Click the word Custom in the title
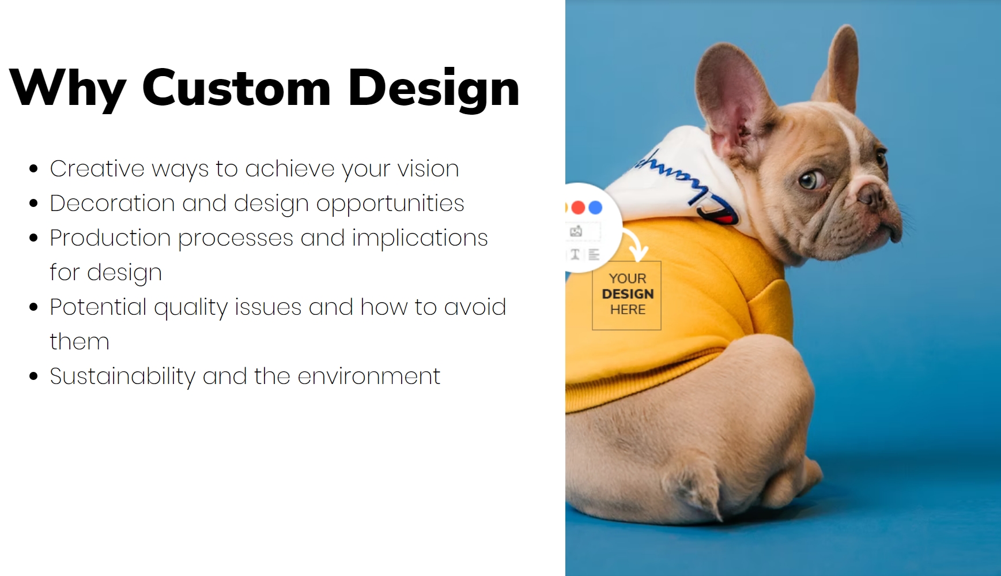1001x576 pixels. pos(236,88)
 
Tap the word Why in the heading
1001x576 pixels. pos(68,89)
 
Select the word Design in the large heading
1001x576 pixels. pos(434,89)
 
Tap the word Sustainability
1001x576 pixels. pos(123,377)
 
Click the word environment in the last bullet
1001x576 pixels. pos(369,377)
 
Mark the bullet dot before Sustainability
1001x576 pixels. pos(33,377)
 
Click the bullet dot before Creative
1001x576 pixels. pos(33,170)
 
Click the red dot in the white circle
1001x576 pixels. pos(579,208)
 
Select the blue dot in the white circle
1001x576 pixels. pos(595,208)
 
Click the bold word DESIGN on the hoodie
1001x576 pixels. pos(628,294)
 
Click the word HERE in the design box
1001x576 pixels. pos(628,310)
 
